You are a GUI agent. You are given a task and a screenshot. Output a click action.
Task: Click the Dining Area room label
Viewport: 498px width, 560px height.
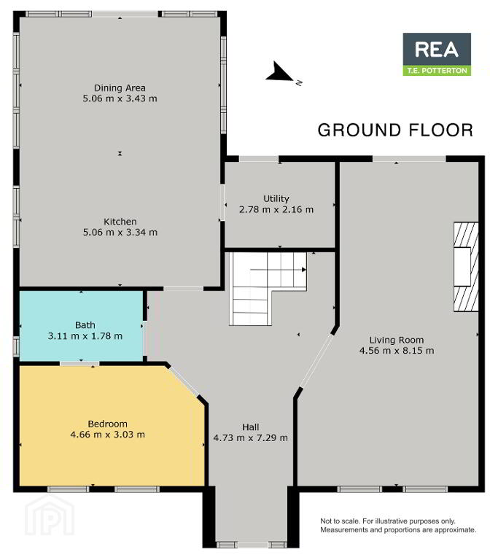click(x=120, y=87)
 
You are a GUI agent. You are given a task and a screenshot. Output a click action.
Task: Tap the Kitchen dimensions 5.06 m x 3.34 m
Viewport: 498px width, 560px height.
click(x=120, y=233)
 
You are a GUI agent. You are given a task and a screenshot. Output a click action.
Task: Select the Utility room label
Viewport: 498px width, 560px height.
click(x=276, y=198)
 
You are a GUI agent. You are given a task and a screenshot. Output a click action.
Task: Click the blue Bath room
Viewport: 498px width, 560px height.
click(x=82, y=327)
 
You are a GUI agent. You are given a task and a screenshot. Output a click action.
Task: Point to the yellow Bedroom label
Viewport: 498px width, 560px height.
click(x=107, y=424)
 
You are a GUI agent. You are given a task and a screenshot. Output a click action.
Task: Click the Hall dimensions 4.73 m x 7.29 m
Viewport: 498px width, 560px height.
click(x=250, y=437)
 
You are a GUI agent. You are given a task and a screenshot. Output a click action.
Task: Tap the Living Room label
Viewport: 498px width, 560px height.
click(x=397, y=340)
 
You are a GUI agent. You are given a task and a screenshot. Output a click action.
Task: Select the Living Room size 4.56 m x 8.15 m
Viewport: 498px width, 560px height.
click(x=397, y=351)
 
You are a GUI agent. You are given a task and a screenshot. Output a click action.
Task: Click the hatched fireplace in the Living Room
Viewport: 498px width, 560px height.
click(x=466, y=267)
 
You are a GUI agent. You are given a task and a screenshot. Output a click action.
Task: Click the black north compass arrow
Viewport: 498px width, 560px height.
click(x=279, y=72)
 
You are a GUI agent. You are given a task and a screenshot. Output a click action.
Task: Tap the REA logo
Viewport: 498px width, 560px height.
click(x=437, y=50)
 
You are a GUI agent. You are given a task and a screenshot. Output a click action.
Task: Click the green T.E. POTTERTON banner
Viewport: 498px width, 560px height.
click(x=437, y=71)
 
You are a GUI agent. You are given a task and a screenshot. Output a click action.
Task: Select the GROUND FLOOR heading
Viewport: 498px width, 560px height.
click(x=395, y=131)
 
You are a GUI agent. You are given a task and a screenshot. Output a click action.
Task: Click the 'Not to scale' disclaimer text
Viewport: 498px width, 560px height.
click(x=398, y=526)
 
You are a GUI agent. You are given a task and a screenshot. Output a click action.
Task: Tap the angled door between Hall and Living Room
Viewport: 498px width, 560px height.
click(x=317, y=361)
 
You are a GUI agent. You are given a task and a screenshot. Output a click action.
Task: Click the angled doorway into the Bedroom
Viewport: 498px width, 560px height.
click(x=184, y=382)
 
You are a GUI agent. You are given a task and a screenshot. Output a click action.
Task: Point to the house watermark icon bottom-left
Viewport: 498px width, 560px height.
click(x=50, y=516)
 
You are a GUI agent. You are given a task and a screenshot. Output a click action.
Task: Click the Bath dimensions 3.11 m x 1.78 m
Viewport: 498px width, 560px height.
click(x=85, y=336)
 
